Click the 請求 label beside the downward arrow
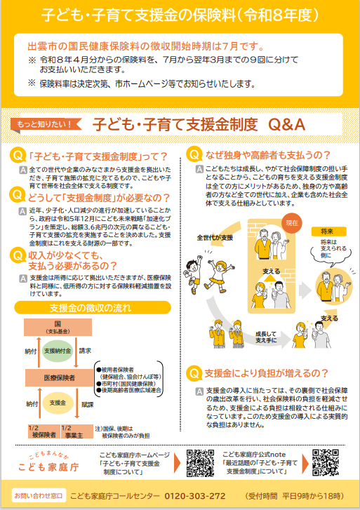pyautogui.click(x=85, y=350)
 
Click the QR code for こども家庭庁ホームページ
pyautogui.click(x=201, y=462)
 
